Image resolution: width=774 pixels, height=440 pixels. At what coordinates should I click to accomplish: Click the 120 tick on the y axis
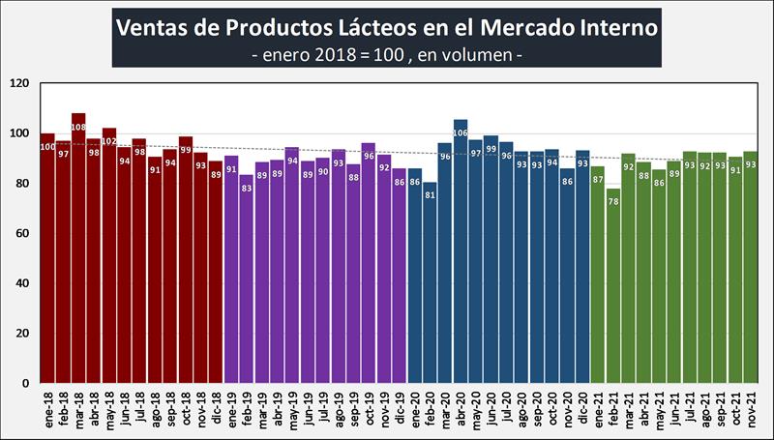(19, 84)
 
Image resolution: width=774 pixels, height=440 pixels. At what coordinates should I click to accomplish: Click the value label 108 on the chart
(78, 126)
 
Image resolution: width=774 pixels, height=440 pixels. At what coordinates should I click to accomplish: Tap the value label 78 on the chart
(612, 201)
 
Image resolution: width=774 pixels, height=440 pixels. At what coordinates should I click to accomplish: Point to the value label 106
(460, 132)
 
